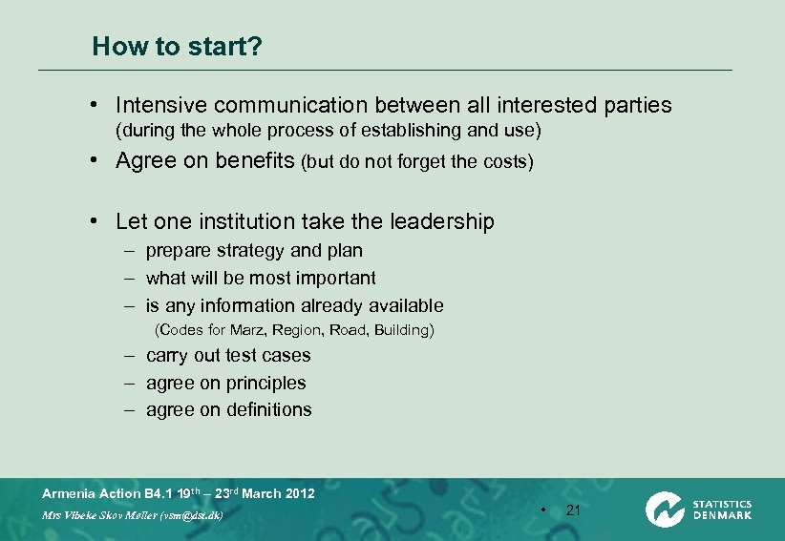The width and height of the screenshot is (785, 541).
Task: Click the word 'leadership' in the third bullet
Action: coord(442,222)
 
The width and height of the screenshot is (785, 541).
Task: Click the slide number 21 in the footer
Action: coord(573,510)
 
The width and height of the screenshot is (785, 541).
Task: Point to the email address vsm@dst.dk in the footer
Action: coord(190,515)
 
